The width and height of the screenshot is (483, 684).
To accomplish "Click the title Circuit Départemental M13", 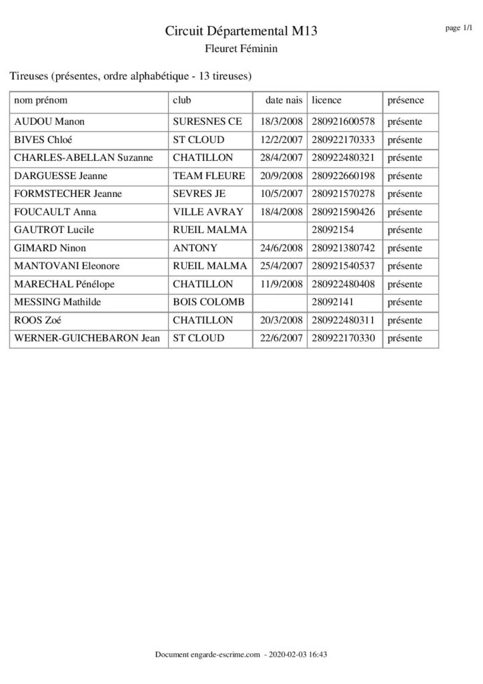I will [241, 31].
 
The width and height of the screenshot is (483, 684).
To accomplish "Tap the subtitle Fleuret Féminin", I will [241, 48].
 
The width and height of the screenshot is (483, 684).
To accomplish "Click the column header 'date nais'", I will [284, 100].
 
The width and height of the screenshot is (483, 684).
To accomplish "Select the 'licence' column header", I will [326, 100].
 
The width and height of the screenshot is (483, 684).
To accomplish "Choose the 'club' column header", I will [181, 100].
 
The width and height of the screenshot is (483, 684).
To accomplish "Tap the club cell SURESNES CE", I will [207, 122].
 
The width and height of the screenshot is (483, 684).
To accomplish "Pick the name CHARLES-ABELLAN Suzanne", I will [83, 158].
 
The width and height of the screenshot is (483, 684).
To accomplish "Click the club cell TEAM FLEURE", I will [209, 176].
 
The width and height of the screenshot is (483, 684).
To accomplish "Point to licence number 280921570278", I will [343, 194].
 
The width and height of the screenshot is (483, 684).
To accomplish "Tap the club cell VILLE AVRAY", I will [208, 212].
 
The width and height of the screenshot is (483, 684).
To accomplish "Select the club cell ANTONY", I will [195, 248].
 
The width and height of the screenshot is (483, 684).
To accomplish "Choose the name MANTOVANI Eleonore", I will [67, 267].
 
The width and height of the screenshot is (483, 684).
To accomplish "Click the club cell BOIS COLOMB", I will [209, 303].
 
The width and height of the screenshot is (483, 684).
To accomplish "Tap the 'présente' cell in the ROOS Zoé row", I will [404, 321].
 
